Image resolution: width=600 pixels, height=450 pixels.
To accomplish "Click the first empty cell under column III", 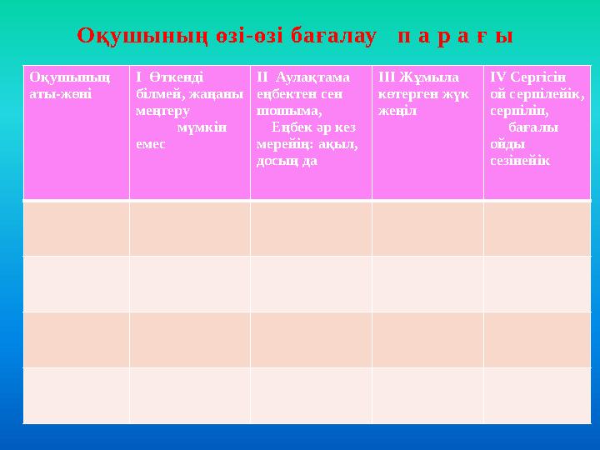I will pos(427,227).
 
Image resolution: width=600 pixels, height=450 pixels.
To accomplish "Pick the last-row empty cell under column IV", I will pos(537,395).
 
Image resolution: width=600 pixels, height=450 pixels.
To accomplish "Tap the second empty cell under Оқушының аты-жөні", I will pos(76,283).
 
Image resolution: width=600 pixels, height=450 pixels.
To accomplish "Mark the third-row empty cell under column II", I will pos(310,339).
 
